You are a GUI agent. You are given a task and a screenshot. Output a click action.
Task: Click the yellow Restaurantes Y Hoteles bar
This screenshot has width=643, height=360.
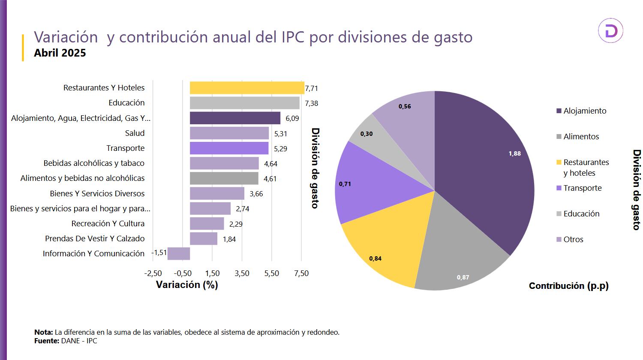pyautogui.click(x=246, y=88)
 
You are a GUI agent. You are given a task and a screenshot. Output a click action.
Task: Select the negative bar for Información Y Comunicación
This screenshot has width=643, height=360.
pyautogui.click(x=179, y=253)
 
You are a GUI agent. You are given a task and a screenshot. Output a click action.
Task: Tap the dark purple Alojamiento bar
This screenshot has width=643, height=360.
pyautogui.click(x=235, y=118)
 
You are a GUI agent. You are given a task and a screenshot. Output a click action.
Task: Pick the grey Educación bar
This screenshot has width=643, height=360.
pyautogui.click(x=244, y=103)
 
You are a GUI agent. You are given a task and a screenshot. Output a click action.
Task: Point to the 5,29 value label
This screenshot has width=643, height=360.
pyautogui.click(x=280, y=149)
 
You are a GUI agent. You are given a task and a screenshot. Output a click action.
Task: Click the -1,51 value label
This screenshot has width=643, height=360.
pyautogui.click(x=159, y=253)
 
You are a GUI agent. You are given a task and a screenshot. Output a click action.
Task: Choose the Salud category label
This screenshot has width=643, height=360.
pyautogui.click(x=135, y=133)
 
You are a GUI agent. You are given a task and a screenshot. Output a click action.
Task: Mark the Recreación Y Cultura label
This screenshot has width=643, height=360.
pyautogui.click(x=108, y=224)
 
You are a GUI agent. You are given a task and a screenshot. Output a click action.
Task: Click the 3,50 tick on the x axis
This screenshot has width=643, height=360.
pyautogui.click(x=242, y=273)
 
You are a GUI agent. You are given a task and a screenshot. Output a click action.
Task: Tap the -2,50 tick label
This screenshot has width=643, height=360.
pyautogui.click(x=153, y=273)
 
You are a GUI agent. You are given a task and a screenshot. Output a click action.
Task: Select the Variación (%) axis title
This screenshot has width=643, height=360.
pyautogui.click(x=187, y=285)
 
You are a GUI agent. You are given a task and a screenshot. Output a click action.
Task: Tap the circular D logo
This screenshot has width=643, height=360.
pyautogui.click(x=610, y=31)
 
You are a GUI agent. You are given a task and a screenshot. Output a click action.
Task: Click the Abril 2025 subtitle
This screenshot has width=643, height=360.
pyautogui.click(x=60, y=53)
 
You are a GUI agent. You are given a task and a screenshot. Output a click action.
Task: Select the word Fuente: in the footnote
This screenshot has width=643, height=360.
pyautogui.click(x=47, y=341)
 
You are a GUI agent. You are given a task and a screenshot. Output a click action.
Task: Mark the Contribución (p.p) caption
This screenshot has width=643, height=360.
pyautogui.click(x=568, y=286)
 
